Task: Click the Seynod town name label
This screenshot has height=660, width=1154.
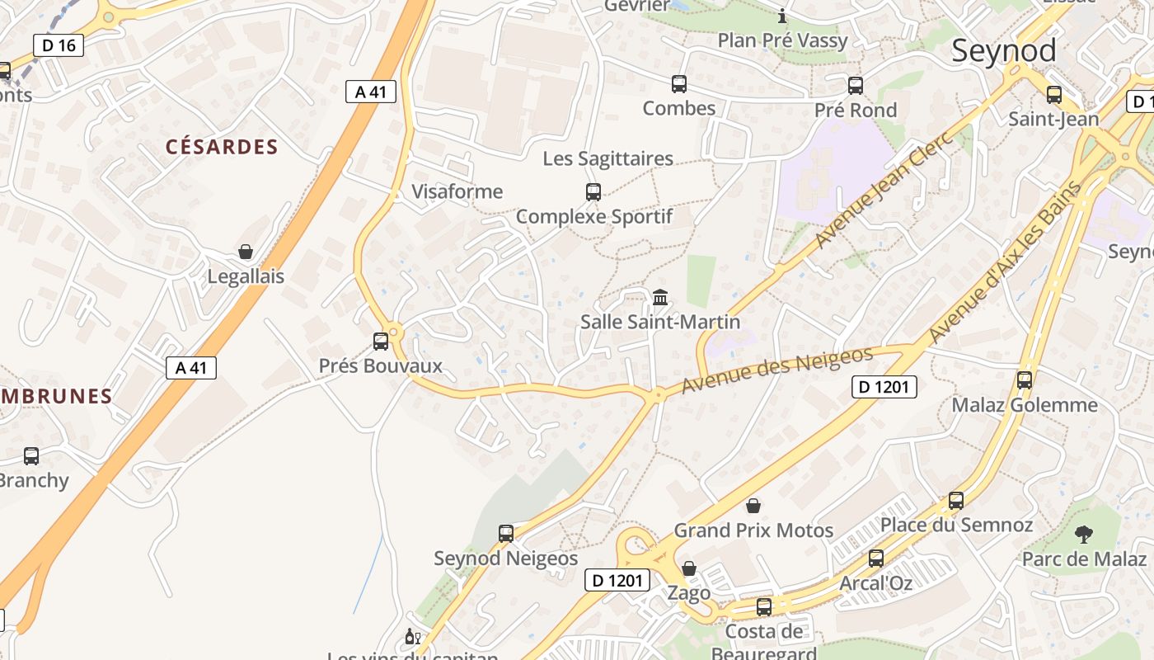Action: pos(1003,51)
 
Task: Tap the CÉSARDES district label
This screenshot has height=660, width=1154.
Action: pos(222,148)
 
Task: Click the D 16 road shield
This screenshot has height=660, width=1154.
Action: pos(59,45)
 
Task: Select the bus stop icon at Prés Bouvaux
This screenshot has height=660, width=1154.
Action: pos(380,342)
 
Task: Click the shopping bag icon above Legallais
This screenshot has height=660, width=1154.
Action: pos(245,252)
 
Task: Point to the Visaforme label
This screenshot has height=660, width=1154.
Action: pos(457,192)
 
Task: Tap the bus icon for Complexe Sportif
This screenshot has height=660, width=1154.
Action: pos(593,192)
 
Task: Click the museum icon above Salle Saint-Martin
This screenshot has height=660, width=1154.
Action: pos(659,297)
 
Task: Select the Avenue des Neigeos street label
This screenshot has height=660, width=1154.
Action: pos(776,370)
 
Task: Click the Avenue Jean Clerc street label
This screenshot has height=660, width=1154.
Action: pos(884,189)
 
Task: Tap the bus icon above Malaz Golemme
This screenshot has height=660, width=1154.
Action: pos(1024,380)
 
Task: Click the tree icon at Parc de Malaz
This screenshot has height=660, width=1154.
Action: pos(1083,535)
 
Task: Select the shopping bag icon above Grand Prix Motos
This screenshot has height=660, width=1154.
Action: pos(753,506)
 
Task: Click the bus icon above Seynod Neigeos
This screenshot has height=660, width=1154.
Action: pos(506,534)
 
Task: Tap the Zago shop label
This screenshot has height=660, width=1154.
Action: pos(688,592)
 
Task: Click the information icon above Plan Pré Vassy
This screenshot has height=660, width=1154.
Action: pos(782,16)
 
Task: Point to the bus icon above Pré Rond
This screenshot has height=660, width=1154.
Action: pos(855,85)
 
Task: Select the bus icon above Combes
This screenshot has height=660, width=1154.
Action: pos(678,83)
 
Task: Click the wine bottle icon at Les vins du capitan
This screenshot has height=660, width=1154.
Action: pos(411,637)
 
